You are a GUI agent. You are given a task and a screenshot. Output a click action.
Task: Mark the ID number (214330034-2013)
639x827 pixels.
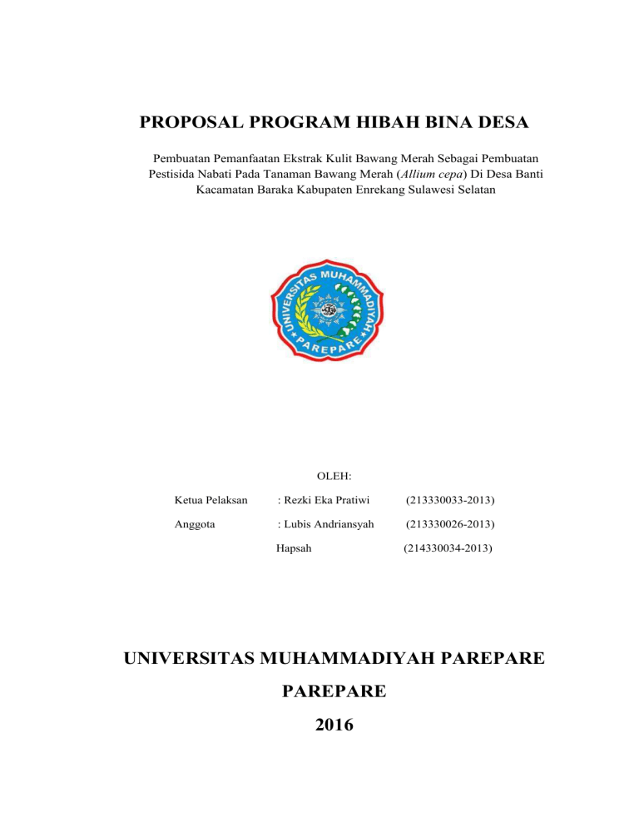[x=448, y=548]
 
